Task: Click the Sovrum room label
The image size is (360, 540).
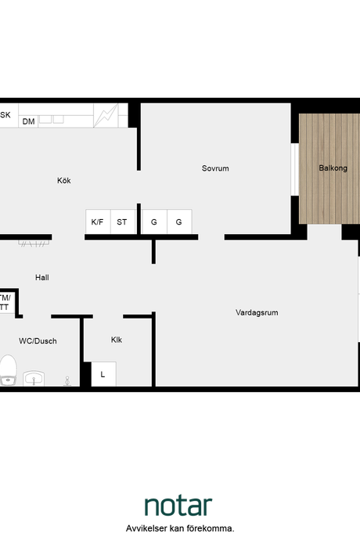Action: coord(215,168)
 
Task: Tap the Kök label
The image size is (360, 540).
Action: coord(64,181)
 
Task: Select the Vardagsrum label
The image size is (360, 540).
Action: coord(257,313)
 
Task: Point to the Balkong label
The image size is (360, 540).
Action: coord(333,168)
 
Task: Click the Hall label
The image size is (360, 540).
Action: coord(42,278)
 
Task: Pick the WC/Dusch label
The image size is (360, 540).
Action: coord(38,341)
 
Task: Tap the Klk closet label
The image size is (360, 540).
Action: coord(117,340)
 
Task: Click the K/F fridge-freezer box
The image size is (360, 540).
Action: coord(98,221)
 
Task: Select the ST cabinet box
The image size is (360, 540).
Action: coord(123,221)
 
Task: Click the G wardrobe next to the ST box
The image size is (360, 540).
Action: coord(154,221)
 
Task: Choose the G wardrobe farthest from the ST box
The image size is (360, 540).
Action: coord(179,221)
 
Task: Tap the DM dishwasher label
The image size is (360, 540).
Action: coord(29,121)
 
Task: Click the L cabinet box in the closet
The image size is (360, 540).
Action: coord(103,374)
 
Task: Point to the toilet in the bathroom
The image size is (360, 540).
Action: coord(9,370)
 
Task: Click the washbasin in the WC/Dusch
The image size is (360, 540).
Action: coord(34,379)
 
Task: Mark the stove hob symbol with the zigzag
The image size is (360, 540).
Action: coord(106,115)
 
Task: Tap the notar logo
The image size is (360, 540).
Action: coord(178,506)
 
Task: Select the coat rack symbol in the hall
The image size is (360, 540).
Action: coord(34,243)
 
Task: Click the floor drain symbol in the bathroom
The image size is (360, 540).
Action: coord(67,381)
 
